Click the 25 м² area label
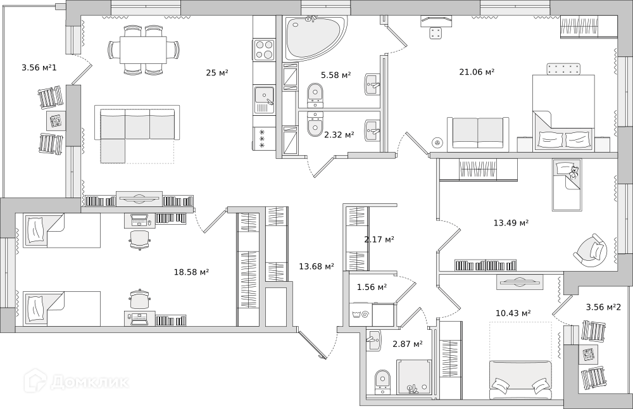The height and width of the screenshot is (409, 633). [x=217, y=73]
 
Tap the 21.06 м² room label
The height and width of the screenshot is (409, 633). [x=477, y=72]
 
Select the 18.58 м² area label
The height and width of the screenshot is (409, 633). [x=191, y=272]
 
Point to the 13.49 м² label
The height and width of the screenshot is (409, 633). [x=511, y=222]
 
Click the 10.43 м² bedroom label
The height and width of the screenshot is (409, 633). [x=513, y=313]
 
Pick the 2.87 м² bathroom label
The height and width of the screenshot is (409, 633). [x=408, y=344]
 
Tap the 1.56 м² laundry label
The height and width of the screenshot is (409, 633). [x=372, y=287]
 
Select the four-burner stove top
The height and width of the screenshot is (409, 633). [x=264, y=49]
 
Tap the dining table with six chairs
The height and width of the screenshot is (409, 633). [x=143, y=49]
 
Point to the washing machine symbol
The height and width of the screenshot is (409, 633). [x=361, y=314]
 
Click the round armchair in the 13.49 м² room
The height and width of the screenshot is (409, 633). [x=591, y=250]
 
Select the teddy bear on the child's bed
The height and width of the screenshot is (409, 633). [x=573, y=172]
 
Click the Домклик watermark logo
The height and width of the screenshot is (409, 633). [x=77, y=381]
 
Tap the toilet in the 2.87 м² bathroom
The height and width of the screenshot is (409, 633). [x=382, y=382]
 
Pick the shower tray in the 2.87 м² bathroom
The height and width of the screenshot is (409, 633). [x=415, y=377]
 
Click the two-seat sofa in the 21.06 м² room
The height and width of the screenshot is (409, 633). [x=478, y=133]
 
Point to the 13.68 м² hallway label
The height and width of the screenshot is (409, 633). [x=316, y=267]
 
